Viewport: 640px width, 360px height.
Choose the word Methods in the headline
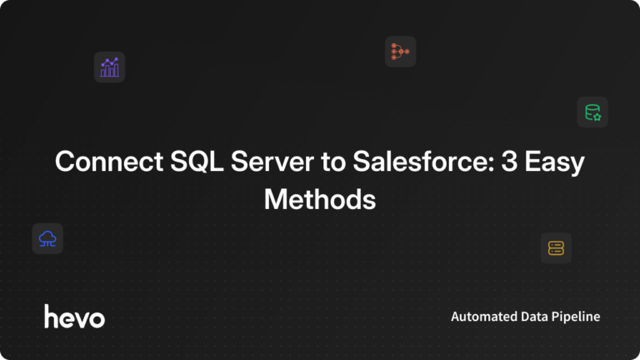[x=320, y=199]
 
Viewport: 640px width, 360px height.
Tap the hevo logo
[x=74, y=316]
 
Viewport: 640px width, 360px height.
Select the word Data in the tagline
[x=538, y=317]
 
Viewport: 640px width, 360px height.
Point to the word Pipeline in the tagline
[x=578, y=317]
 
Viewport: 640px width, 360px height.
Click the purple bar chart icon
[x=109, y=67]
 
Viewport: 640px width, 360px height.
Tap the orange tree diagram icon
[x=400, y=52]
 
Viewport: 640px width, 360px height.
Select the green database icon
[x=592, y=112]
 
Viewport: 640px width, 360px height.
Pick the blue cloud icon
[x=47, y=238]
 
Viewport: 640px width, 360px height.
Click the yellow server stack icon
[x=556, y=247]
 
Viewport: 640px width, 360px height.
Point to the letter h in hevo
[x=50, y=315]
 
